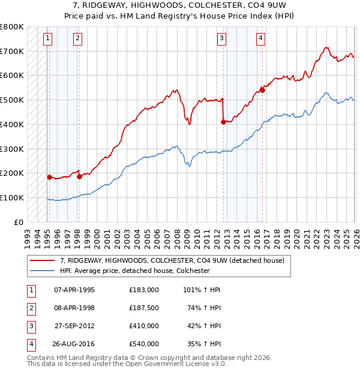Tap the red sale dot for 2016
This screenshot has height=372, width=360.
point(262,91)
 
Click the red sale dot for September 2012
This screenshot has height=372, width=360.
point(223,122)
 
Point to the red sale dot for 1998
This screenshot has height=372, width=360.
point(79,176)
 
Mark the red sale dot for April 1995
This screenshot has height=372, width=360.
point(49,177)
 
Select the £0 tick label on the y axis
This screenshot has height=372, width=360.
point(19,222)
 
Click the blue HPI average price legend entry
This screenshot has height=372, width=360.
point(134,271)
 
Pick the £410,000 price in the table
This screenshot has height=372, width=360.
point(143,326)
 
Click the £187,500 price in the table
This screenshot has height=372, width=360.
point(143,308)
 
